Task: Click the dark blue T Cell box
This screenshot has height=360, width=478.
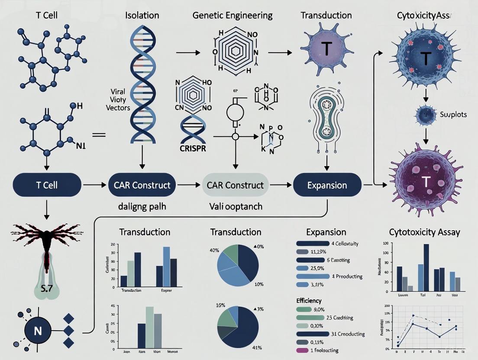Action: pyautogui.click(x=46, y=185)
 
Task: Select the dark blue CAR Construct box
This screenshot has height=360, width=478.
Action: pyautogui.click(x=142, y=185)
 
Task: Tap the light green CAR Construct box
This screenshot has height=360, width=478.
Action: pyautogui.click(x=235, y=185)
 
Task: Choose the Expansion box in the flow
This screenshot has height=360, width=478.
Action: pyautogui.click(x=327, y=185)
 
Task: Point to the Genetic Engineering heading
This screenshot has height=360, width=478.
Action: pyautogui.click(x=233, y=16)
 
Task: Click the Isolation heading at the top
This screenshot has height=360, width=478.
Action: pyautogui.click(x=142, y=16)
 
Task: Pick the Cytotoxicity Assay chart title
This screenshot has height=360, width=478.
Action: pyautogui.click(x=424, y=232)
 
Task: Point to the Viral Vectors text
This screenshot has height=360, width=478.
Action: pyautogui.click(x=118, y=100)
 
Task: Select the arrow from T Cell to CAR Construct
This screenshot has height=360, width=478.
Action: pyautogui.click(x=94, y=185)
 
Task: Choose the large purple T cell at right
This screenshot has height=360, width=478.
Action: pyautogui.click(x=426, y=180)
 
